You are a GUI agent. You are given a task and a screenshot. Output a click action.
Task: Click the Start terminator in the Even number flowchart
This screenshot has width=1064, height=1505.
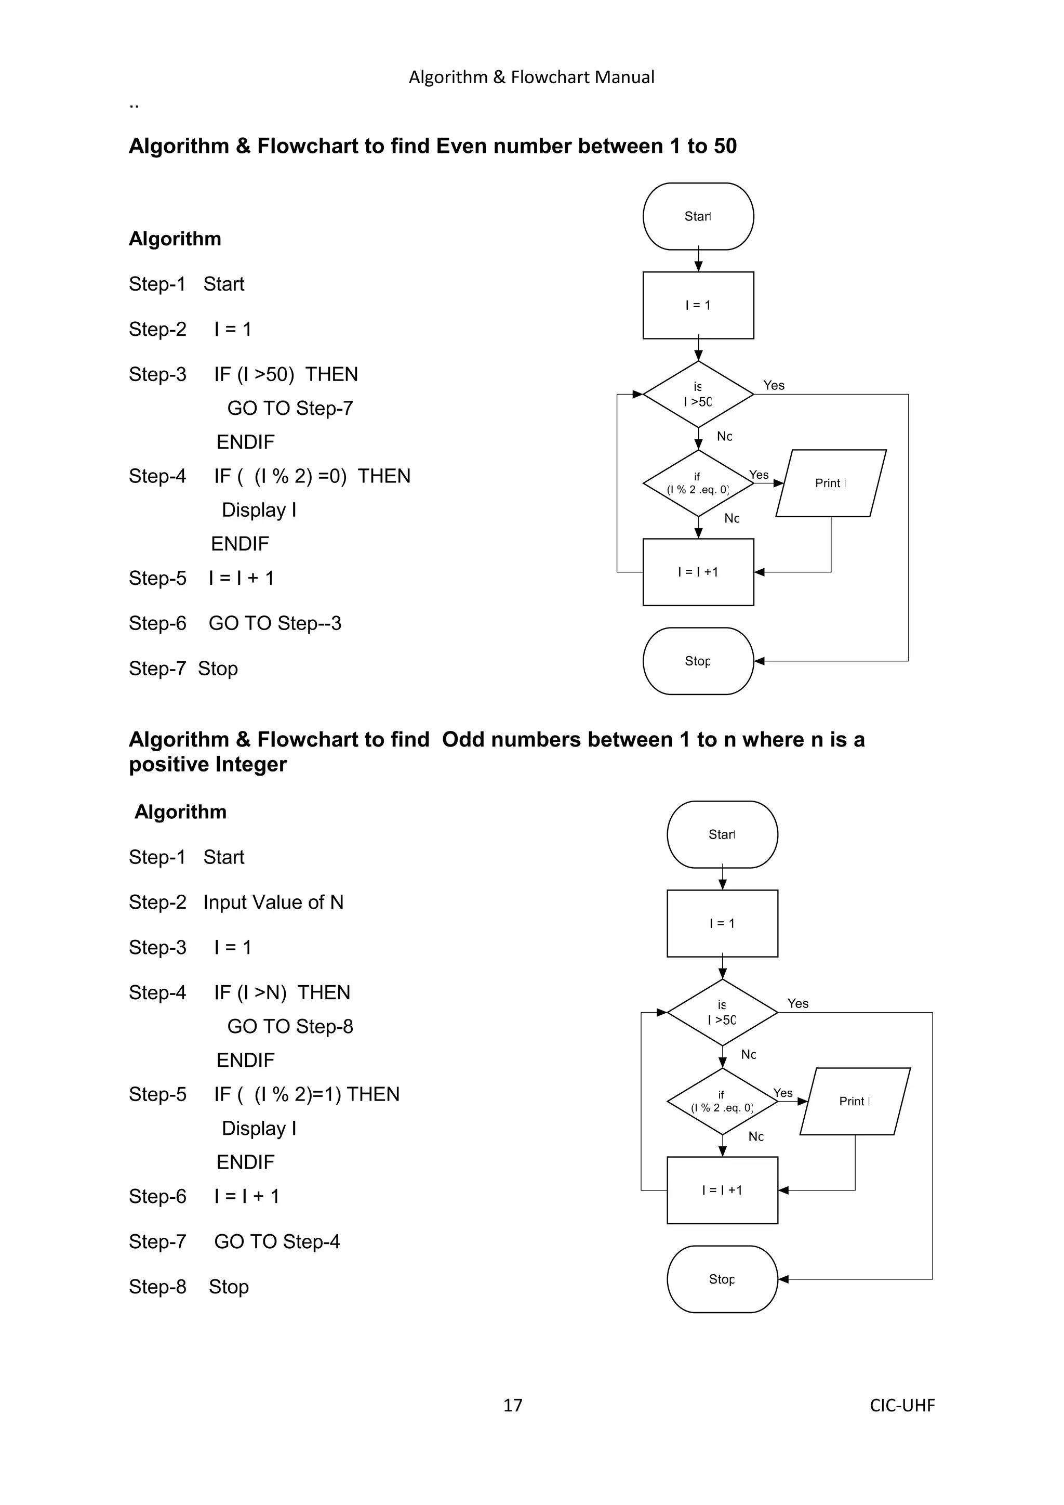pyautogui.click(x=698, y=216)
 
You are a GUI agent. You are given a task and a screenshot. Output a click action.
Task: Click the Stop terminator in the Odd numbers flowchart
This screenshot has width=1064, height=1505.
pyautogui.click(x=722, y=1279)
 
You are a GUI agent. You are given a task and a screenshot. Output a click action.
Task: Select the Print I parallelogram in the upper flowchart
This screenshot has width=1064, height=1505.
pyautogui.click(x=831, y=483)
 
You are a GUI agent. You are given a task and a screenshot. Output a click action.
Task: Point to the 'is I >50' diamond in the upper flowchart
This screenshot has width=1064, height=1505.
pyautogui.click(x=698, y=395)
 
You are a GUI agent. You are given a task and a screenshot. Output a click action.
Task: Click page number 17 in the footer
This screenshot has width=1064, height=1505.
pyautogui.click(x=512, y=1405)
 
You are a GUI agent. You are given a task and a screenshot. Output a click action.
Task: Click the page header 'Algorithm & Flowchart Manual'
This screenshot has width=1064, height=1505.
pyautogui.click(x=531, y=77)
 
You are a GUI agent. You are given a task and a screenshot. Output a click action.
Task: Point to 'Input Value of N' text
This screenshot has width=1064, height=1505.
pyautogui.click(x=273, y=902)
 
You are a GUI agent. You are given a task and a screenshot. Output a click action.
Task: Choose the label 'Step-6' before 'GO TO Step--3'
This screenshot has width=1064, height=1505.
pyautogui.click(x=157, y=623)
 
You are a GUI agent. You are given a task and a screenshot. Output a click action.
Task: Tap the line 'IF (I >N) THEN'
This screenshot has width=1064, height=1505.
pyautogui.click(x=282, y=992)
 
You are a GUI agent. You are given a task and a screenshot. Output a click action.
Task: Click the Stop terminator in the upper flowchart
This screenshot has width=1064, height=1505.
pyautogui.click(x=698, y=661)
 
